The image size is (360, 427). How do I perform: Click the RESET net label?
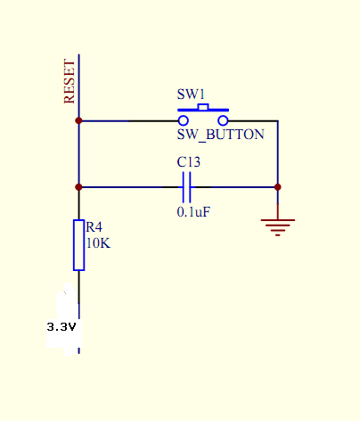(70, 81)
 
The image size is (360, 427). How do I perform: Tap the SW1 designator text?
(191, 94)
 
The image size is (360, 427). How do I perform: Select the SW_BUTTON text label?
(220, 135)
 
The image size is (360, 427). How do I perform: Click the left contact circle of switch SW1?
(184, 121)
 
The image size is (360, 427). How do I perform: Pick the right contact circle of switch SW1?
(223, 121)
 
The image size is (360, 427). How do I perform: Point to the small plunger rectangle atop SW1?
(203, 107)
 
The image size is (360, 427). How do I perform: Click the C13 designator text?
(189, 162)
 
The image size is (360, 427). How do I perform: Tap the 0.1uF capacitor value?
(193, 212)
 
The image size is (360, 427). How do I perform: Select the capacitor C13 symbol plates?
(186, 187)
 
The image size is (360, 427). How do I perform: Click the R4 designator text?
(94, 227)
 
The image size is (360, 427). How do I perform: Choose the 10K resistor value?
(98, 243)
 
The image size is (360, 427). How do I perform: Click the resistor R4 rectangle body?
(78, 245)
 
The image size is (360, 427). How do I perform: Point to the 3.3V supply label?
(61, 327)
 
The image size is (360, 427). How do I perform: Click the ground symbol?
(278, 227)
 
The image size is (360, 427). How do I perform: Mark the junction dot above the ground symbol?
(278, 187)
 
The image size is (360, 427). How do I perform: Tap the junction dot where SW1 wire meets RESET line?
(78, 121)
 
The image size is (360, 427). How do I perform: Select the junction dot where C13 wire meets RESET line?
(78, 187)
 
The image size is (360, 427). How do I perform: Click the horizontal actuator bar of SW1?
(203, 111)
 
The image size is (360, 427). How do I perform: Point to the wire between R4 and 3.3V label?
(78, 312)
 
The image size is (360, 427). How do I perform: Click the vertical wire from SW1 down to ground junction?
(278, 154)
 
